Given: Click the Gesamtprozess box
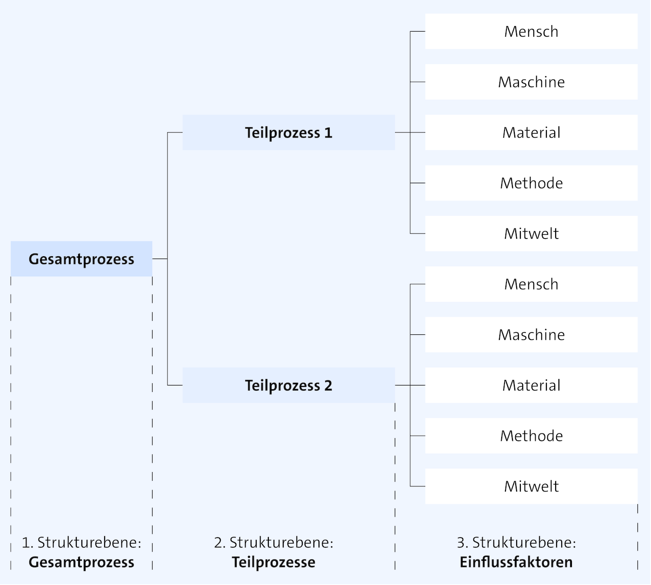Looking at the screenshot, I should tap(81, 259).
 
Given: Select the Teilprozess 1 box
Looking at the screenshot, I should tap(288, 133).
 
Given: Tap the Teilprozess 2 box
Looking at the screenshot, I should tap(288, 386).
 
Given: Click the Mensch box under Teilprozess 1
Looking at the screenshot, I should tap(531, 32).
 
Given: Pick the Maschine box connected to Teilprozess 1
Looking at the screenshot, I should tap(531, 82).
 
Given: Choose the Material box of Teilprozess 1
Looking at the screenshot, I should tap(531, 133).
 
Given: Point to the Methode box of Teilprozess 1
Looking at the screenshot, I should tap(531, 183).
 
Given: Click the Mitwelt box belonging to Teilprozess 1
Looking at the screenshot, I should tap(531, 233).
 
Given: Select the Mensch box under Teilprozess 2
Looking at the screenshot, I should tap(531, 284).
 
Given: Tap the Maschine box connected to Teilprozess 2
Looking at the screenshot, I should tap(531, 335).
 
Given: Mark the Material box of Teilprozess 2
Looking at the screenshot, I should tap(531, 386).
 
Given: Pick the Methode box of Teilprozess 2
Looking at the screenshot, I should tap(531, 436).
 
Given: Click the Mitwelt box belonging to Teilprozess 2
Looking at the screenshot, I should tap(531, 486).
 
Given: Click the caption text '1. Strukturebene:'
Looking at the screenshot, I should tap(81, 543).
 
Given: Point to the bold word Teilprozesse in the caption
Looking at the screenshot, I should tap(273, 562).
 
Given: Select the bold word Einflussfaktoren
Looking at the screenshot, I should tap(516, 562).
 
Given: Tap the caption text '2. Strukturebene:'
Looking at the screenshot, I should tap(273, 543).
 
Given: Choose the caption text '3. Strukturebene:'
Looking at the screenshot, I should tap(516, 543).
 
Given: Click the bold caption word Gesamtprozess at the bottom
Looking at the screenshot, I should tap(81, 562).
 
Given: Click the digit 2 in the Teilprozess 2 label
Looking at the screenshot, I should tap(328, 386).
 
